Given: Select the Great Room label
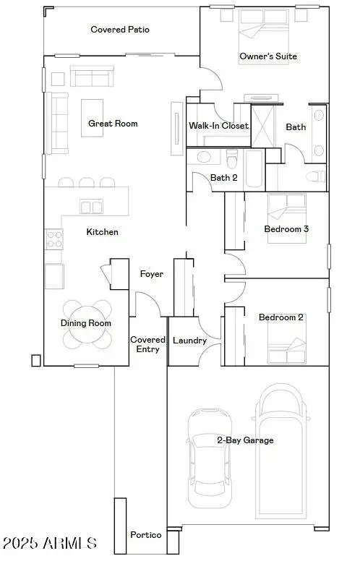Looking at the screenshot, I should [113, 124].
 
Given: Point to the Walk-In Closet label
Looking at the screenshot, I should [218, 126].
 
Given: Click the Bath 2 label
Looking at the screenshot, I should [224, 177].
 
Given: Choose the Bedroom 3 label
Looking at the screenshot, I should [286, 229].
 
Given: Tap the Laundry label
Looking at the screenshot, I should [190, 341].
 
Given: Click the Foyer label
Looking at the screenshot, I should [151, 274].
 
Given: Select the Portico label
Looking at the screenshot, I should [145, 535].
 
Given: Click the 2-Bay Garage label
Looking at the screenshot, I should [245, 440].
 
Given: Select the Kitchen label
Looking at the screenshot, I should [102, 232].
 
